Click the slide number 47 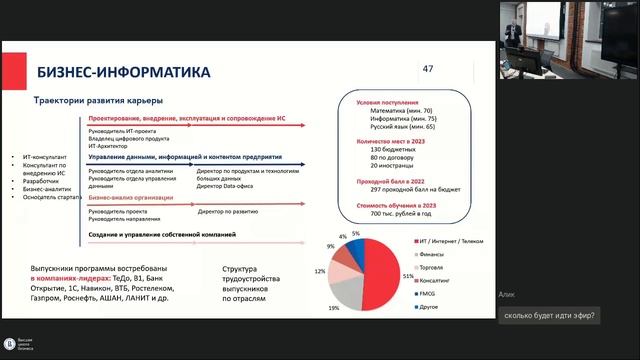[429, 69]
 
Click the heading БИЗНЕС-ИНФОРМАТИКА [123, 73]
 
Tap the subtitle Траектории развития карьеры [99, 100]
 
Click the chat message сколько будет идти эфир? [550, 316]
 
